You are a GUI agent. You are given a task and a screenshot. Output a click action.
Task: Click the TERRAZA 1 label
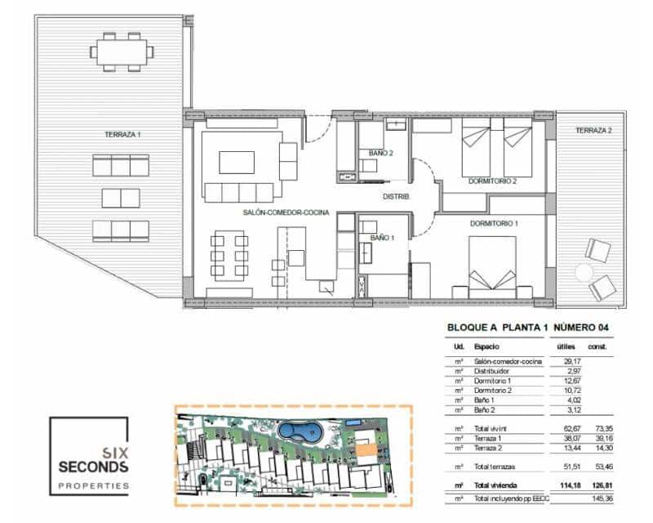point(122,133)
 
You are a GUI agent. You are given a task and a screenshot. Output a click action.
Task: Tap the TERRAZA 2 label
point(593,131)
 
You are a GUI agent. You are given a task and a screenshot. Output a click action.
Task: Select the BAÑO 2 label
point(380,153)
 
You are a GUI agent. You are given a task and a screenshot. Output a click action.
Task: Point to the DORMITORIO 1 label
point(494,223)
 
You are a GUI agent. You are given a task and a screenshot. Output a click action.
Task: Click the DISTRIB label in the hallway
point(396,197)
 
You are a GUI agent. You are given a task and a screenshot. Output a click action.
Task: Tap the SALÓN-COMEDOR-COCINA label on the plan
point(286,212)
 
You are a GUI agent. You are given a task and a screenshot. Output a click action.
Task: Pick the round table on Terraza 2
point(584,273)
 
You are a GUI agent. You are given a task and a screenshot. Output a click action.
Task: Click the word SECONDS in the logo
point(93,467)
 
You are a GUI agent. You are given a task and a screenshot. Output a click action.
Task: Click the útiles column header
point(565,346)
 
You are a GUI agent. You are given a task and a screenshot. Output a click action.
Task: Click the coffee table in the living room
point(237,162)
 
